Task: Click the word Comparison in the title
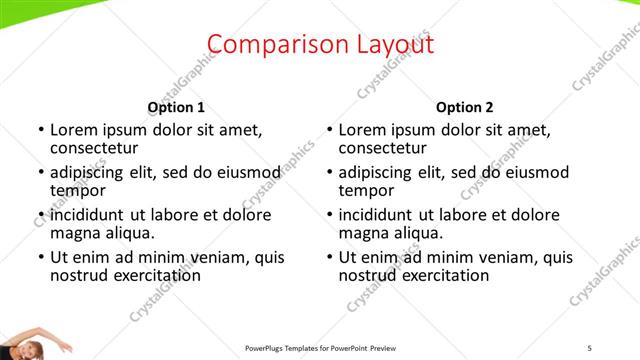point(264,44)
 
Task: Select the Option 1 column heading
point(176,107)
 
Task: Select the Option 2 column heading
point(465,107)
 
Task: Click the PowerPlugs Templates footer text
point(320,348)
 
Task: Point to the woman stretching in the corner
point(30,342)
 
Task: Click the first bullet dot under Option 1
point(40,130)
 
